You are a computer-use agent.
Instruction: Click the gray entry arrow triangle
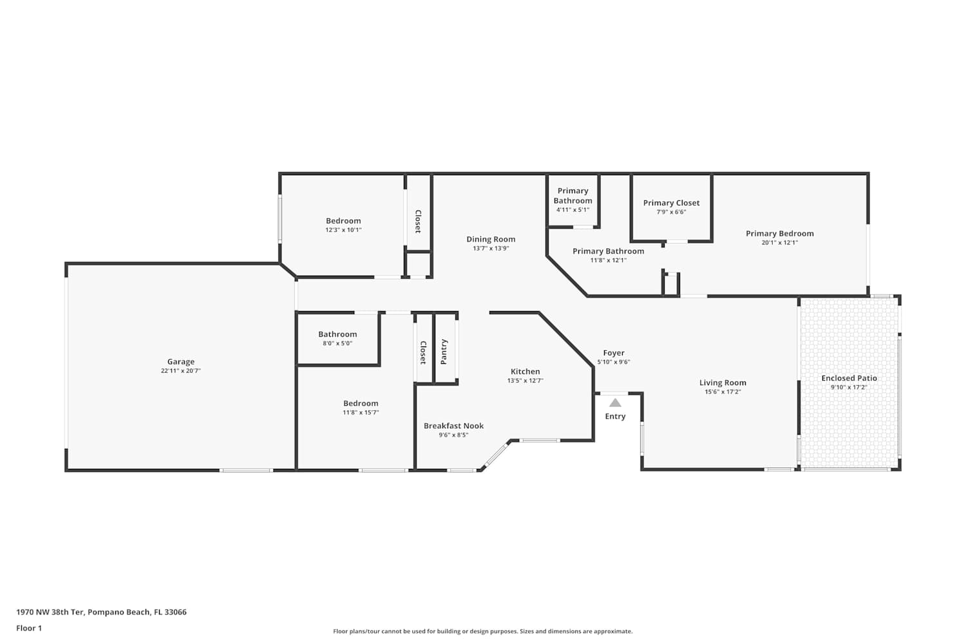point(615,403)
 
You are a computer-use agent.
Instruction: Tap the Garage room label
point(181,361)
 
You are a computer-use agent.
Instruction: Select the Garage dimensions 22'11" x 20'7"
point(181,370)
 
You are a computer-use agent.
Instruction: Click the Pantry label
point(444,352)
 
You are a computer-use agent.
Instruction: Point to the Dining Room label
point(491,239)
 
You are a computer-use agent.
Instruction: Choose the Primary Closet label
point(672,203)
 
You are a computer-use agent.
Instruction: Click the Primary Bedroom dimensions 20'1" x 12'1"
point(780,242)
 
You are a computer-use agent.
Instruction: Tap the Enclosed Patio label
point(849,378)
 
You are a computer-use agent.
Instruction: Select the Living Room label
point(723,383)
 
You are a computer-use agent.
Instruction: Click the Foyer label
point(614,353)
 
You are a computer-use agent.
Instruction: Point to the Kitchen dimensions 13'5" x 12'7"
point(526,381)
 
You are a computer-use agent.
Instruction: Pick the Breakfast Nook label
point(453,426)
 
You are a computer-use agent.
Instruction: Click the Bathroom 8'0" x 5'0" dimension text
point(337,343)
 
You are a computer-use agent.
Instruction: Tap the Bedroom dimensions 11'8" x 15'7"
point(361,412)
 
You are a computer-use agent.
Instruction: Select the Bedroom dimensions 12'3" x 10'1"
point(343,230)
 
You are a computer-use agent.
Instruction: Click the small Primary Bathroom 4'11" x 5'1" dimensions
point(573,210)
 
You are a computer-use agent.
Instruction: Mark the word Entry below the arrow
point(615,416)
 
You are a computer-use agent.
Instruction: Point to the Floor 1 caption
point(29,628)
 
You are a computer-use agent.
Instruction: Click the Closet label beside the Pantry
point(423,353)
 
